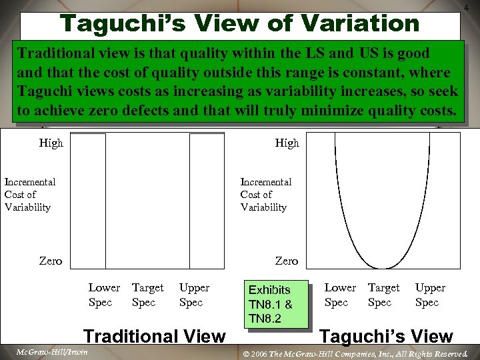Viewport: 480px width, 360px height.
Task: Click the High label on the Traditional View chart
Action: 51,143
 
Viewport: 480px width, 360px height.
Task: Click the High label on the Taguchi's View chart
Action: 287,143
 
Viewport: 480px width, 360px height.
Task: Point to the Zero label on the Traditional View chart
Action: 51,261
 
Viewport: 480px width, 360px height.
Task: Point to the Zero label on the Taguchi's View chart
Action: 287,261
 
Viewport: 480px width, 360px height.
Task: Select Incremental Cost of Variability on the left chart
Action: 29,194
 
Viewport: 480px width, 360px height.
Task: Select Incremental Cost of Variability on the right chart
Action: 265,194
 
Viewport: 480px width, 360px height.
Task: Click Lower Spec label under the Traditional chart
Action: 104,295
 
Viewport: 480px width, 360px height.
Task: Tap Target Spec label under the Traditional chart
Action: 147,295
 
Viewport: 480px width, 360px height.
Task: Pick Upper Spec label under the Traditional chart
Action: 194,295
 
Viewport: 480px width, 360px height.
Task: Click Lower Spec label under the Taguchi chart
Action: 340,295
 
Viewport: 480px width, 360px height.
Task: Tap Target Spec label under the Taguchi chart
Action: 383,295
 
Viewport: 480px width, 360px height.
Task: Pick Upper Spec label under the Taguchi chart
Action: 430,295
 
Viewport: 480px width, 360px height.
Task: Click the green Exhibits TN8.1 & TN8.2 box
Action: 276,304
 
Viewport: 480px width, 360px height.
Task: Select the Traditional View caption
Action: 154,336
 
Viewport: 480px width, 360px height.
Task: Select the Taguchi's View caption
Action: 387,337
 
